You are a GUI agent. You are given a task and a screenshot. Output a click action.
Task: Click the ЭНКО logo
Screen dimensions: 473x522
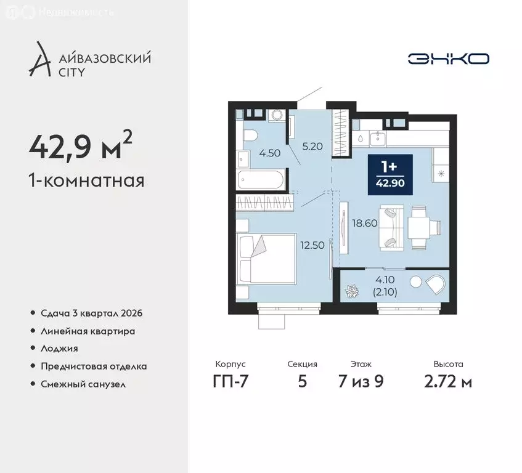click(x=448, y=59)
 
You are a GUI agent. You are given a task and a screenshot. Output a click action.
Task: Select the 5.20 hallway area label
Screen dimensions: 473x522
click(x=312, y=147)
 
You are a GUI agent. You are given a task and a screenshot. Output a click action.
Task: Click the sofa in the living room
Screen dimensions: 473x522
click(x=389, y=227)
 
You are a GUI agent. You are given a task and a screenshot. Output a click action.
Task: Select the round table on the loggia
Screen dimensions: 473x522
click(x=415, y=283)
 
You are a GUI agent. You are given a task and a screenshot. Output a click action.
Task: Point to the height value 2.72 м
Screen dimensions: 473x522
click(x=448, y=382)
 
